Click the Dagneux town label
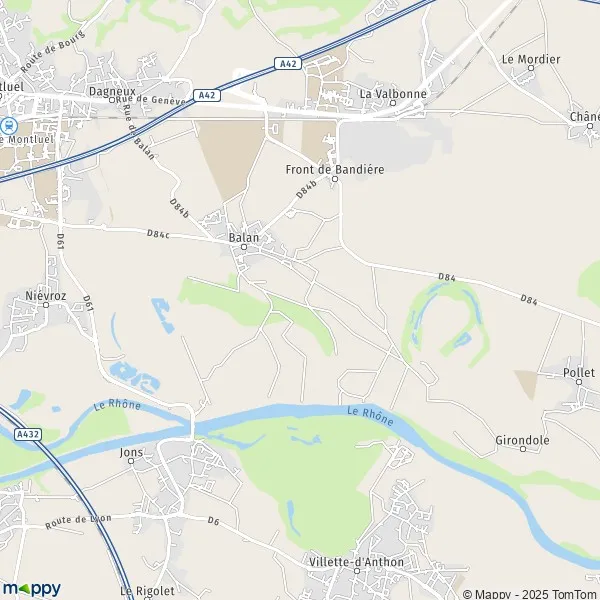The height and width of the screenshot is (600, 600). tap(111, 90)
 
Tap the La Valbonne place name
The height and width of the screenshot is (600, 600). tap(393, 94)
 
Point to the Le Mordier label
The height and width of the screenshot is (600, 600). tap(531, 59)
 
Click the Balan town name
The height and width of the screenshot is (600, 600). tap(243, 237)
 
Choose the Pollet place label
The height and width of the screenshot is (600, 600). tap(579, 372)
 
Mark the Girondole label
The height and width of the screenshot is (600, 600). tap(523, 440)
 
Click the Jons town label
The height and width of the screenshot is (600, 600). tap(129, 451)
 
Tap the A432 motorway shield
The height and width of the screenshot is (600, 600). tap(27, 435)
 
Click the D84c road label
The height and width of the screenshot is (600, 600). tap(157, 234)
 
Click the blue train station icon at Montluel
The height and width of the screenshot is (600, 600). tap(8, 126)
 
